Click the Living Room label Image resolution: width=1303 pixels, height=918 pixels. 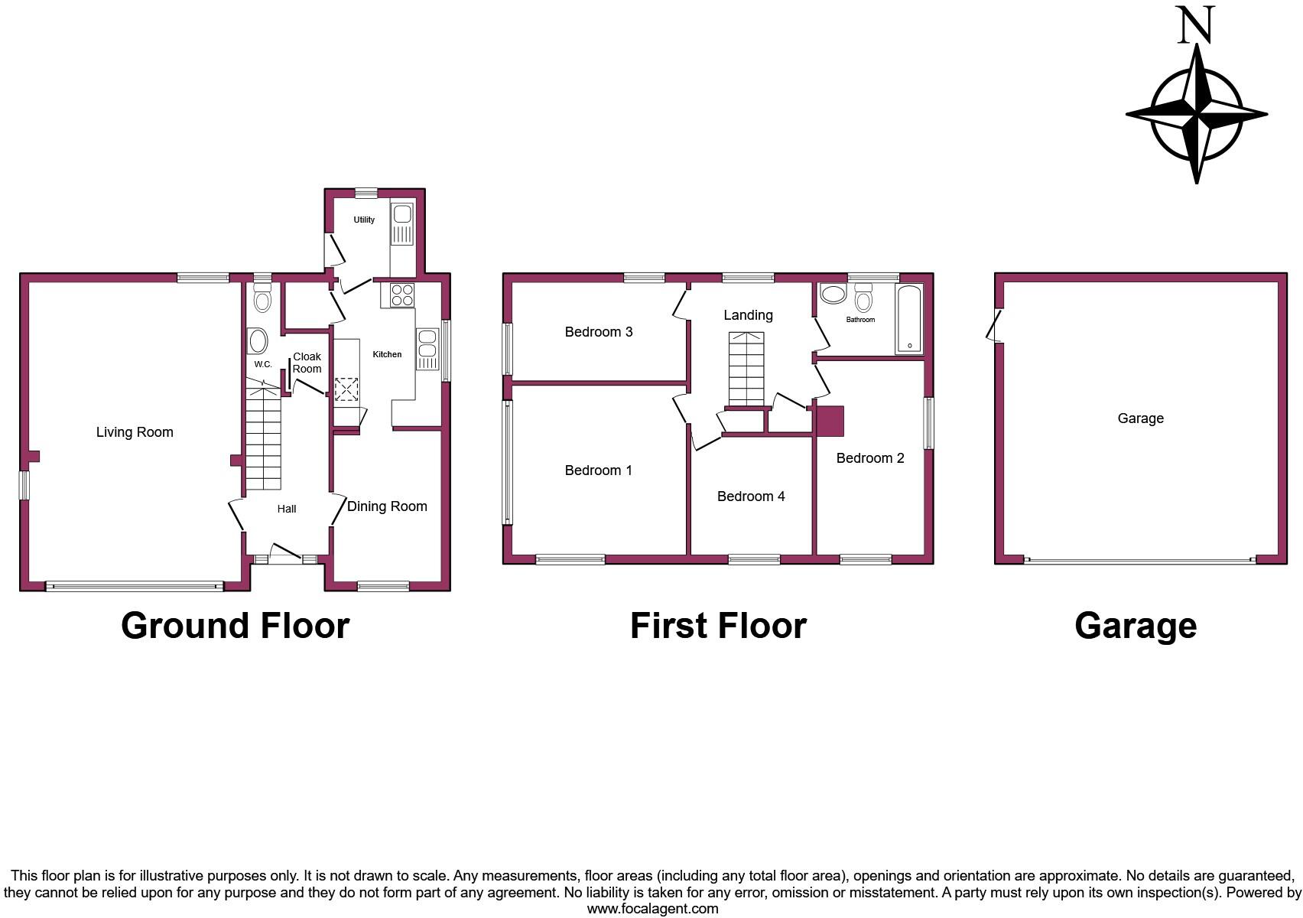click(135, 432)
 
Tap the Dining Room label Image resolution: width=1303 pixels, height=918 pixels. click(387, 506)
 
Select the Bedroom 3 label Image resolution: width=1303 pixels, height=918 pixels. click(599, 332)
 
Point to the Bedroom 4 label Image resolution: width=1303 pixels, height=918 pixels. click(751, 496)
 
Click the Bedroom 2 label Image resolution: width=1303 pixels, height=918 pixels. click(870, 458)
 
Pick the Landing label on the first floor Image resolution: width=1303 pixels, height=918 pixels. click(748, 315)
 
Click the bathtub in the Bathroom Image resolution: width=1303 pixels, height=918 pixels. click(909, 319)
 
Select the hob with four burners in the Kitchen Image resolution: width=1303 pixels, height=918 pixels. click(402, 295)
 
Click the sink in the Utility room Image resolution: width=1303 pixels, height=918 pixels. click(402, 222)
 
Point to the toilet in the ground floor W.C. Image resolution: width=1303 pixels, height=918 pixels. click(262, 298)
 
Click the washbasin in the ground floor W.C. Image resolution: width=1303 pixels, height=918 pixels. click(258, 340)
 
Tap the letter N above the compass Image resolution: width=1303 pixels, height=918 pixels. click(1196, 24)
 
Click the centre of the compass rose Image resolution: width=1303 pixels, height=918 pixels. click(1197, 116)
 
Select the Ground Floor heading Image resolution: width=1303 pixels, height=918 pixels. click(235, 626)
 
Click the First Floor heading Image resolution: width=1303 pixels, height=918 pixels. click(718, 626)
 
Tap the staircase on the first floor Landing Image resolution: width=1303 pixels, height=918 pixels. click(746, 369)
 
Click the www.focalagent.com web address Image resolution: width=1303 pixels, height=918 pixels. click(652, 909)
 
